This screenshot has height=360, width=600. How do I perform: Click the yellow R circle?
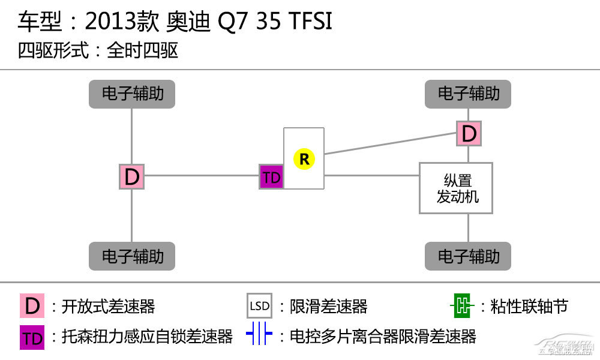click(x=304, y=159)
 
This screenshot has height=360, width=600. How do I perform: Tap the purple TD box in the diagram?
click(x=271, y=177)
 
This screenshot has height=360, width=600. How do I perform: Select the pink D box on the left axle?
click(x=131, y=177)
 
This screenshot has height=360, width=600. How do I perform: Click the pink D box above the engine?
click(x=469, y=133)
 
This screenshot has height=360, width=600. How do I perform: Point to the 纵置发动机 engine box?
click(x=456, y=188)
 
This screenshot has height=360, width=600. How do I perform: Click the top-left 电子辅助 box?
click(x=132, y=94)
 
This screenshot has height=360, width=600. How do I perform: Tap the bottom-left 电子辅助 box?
click(x=132, y=256)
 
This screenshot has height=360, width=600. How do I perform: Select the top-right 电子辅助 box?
click(x=468, y=94)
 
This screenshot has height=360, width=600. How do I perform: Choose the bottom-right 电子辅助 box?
click(x=468, y=256)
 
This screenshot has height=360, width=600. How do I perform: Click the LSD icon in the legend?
click(x=260, y=306)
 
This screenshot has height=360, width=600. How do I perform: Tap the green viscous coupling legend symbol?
click(x=462, y=307)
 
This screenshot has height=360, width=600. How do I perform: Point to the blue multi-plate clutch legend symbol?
click(x=259, y=336)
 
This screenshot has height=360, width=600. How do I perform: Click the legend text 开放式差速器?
click(x=108, y=307)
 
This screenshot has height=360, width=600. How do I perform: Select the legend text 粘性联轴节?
click(x=529, y=307)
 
